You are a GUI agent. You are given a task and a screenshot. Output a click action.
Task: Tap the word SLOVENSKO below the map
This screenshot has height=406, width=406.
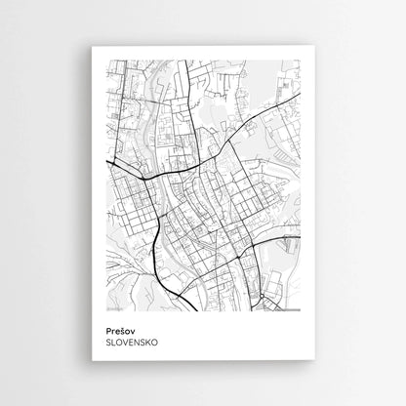pyautogui.click(x=131, y=343)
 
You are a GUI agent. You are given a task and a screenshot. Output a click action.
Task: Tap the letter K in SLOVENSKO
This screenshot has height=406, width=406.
pyautogui.click(x=145, y=343)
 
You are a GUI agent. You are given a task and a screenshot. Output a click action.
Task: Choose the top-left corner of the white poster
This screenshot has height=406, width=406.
pyautogui.click(x=92, y=47)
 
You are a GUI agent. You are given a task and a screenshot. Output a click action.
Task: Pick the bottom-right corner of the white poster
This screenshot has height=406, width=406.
pyautogui.click(x=314, y=361)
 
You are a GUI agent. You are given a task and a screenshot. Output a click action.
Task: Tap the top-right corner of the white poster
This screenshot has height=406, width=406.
pyautogui.click(x=314, y=47)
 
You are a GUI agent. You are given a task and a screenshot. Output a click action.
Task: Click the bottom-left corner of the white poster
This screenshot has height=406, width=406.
pyautogui.click(x=92, y=361)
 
